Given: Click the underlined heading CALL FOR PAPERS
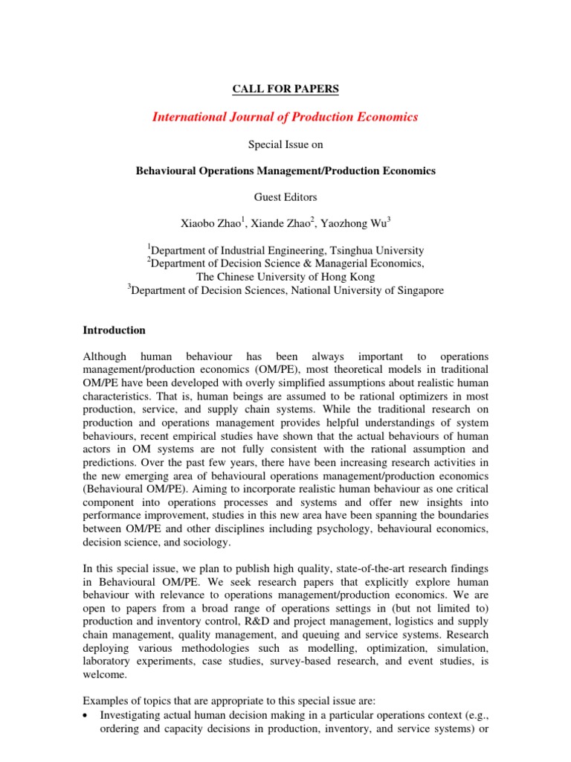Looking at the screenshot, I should click(285, 89).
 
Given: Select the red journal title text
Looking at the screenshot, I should click(285, 117).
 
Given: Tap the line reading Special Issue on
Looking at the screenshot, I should click(285, 144).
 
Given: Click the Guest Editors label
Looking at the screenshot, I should click(285, 197).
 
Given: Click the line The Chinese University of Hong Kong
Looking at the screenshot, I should click(285, 277).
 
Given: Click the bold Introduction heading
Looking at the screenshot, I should click(114, 330).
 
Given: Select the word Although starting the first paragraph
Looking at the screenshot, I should click(105, 356).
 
